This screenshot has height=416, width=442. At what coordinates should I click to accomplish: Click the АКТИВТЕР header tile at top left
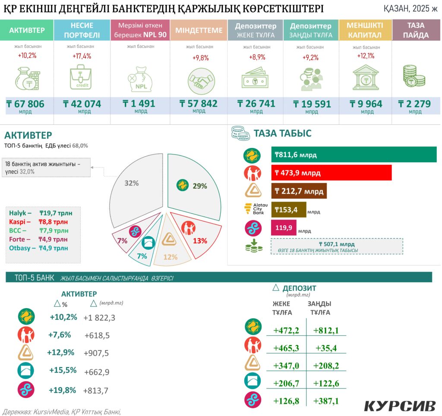coord(27,30)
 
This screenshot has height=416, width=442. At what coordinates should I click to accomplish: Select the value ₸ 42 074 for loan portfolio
coord(82,104)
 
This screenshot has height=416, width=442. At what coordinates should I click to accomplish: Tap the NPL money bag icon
coord(139,79)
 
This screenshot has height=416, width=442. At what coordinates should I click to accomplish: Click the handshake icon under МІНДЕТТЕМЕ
coord(201,79)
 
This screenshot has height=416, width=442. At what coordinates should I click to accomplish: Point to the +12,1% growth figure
coord(366,56)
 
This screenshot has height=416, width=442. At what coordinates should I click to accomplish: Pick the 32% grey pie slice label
coord(131,183)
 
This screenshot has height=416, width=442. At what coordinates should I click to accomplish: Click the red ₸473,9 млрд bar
coord(331,173)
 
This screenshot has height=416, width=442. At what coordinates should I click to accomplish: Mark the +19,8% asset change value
coord(63,390)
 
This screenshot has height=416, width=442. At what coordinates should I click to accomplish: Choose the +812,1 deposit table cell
coord(326,331)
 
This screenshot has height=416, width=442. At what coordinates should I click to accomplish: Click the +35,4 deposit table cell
coord(326,348)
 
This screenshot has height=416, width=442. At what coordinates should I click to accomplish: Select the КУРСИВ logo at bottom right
coord(400,406)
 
